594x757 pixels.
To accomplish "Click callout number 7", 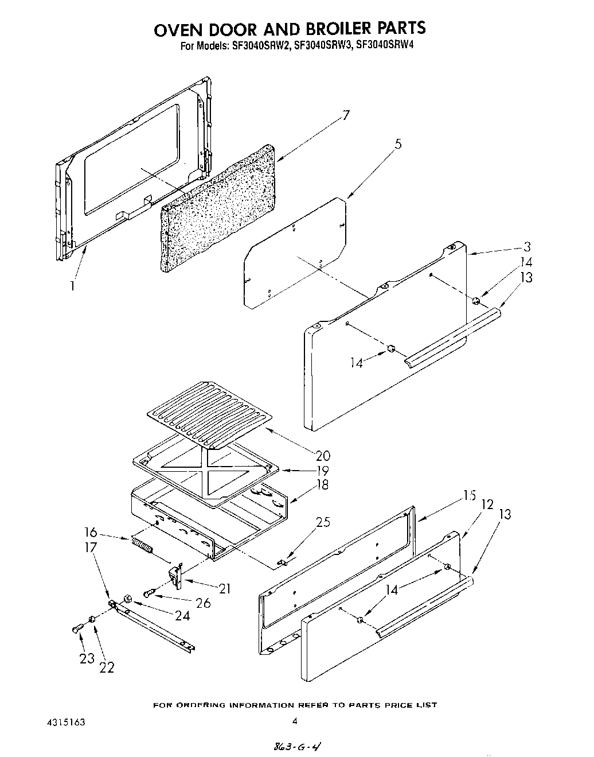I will pos(345,115).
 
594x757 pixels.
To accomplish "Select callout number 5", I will pos(397,144).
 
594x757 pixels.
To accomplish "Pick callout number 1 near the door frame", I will pos(72,285).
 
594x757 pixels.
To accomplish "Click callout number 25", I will pos(323,522).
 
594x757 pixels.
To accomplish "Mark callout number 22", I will pos(107,667).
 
